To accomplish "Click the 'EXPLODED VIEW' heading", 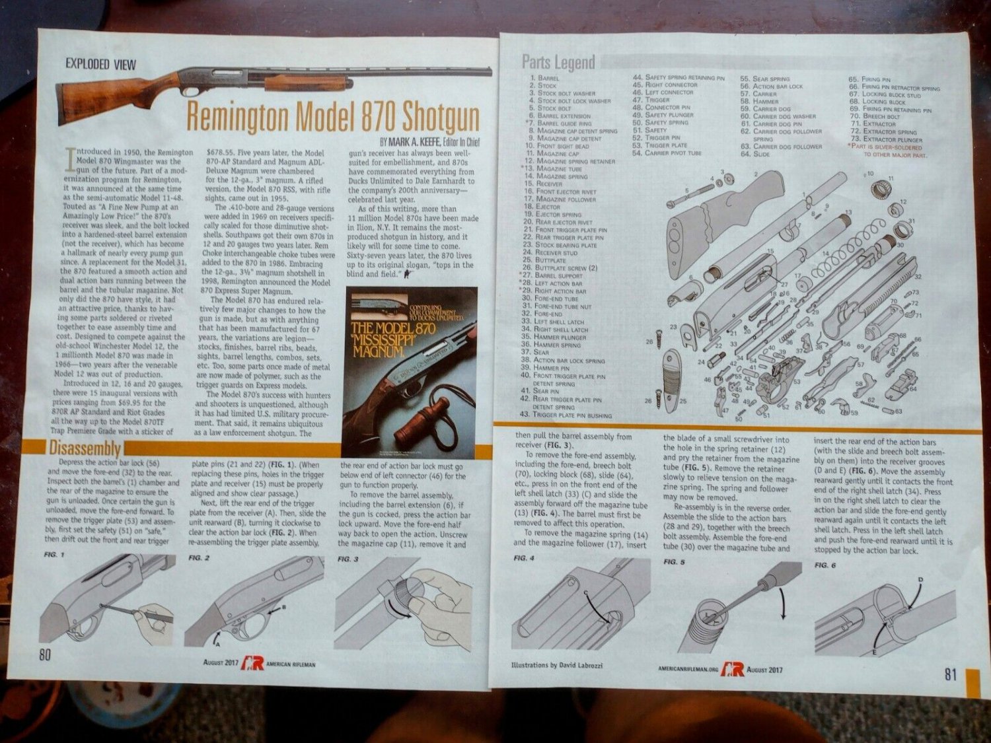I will click(x=100, y=64).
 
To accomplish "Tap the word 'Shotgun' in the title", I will click(x=438, y=117).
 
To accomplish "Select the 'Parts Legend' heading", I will click(x=558, y=63).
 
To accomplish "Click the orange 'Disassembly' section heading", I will click(x=85, y=448).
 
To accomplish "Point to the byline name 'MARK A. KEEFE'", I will click(x=416, y=141).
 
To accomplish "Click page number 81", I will click(x=950, y=674).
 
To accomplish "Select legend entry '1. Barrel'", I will click(x=545, y=78).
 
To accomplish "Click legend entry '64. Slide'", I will click(x=755, y=154).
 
